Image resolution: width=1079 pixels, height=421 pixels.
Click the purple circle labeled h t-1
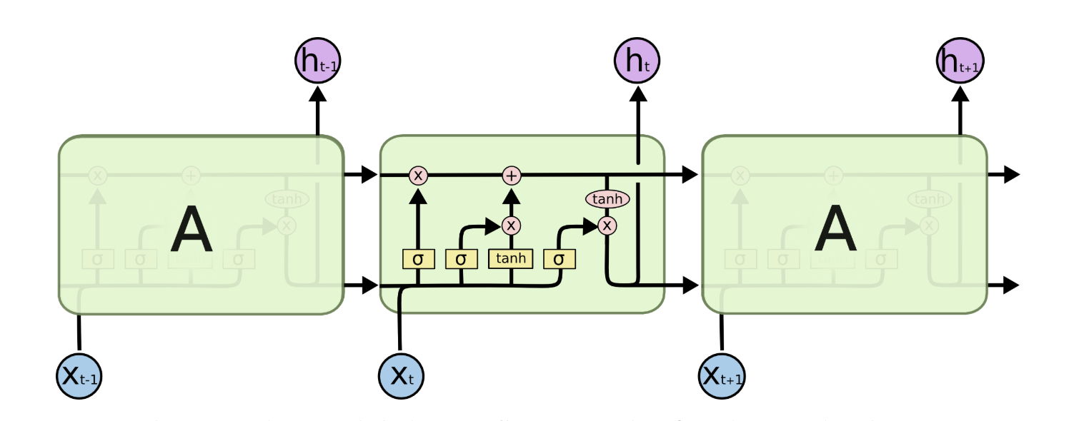point(317,61)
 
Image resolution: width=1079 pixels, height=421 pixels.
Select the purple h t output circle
point(637,61)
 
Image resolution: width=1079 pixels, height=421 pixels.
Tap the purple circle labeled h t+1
point(960,61)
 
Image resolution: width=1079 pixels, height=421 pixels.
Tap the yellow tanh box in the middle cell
point(511,258)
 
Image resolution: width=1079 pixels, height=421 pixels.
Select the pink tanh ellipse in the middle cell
point(607,199)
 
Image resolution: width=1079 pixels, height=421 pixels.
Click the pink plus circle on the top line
point(511,175)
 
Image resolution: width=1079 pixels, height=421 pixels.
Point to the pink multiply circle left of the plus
point(418,175)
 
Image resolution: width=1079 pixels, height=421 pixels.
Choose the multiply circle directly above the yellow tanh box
point(511,225)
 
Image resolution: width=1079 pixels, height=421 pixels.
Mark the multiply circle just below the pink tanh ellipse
point(607,225)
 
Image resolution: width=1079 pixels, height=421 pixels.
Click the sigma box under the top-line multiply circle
point(418,259)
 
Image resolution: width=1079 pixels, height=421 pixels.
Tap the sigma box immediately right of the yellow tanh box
point(560,259)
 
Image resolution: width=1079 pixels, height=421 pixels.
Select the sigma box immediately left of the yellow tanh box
point(461,259)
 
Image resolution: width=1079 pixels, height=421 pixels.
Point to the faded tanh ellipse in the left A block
point(286,199)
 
